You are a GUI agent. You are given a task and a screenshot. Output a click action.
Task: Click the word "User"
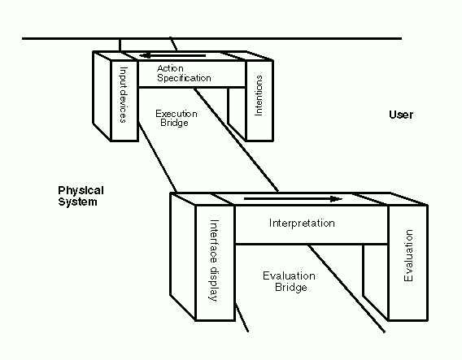point(401,115)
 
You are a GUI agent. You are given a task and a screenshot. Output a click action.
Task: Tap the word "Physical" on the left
point(81,191)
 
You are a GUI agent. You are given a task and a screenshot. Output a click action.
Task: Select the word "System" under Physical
point(77,202)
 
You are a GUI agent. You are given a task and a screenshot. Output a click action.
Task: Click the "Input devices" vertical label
point(124,95)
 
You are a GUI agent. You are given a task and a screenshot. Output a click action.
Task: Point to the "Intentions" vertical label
point(258,95)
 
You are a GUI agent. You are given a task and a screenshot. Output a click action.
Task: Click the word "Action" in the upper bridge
point(170,68)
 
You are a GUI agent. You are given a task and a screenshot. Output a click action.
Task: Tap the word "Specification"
point(184,78)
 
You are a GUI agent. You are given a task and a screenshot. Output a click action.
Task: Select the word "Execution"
point(177,114)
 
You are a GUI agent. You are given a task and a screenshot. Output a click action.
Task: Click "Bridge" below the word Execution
point(174,123)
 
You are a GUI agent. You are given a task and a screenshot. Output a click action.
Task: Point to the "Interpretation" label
point(302,223)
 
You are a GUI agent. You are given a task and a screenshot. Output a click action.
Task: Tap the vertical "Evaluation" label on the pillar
point(408,255)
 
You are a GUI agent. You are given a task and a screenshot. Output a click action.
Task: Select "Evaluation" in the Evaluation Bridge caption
point(289,276)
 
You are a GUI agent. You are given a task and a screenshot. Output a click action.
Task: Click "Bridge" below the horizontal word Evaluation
point(291,288)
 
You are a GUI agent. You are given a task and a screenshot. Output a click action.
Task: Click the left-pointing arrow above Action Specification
point(172,55)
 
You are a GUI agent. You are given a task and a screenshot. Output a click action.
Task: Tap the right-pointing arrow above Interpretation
point(293,199)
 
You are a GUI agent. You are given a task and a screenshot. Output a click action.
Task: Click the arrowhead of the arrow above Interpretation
point(336,199)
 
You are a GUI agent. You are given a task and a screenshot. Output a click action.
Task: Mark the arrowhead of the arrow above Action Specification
point(146,55)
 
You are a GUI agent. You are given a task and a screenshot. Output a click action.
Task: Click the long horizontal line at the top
point(211,38)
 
